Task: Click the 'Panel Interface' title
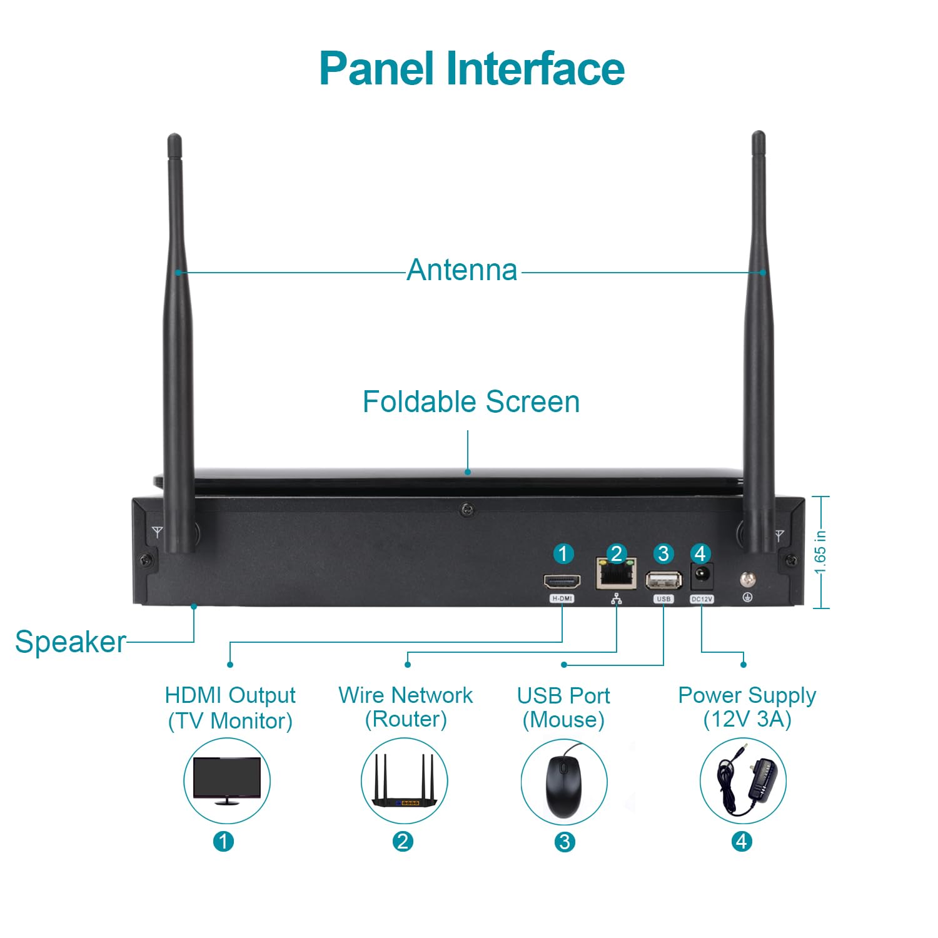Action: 472,68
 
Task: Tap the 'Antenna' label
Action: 462,270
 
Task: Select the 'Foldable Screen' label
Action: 471,401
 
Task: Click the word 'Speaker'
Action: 70,642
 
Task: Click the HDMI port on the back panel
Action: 562,582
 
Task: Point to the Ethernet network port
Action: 616,575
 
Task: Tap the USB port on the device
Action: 663,581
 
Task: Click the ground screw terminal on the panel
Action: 747,580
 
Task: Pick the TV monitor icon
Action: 226,780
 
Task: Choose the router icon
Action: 404,782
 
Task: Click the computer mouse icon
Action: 563,782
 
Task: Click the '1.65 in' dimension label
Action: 820,552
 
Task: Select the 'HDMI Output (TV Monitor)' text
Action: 230,707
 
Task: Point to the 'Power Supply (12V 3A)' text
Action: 747,707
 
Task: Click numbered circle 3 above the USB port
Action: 663,553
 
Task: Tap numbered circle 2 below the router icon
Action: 403,841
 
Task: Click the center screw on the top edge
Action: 466,510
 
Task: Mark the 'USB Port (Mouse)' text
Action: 563,707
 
